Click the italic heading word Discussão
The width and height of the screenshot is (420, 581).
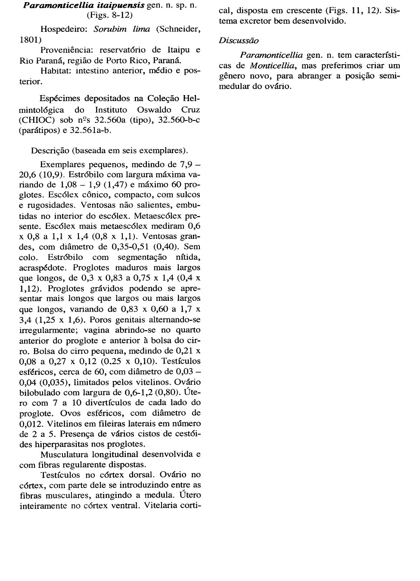click(239, 40)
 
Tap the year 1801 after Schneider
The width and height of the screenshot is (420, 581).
click(29, 40)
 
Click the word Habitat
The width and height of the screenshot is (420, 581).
click(56, 71)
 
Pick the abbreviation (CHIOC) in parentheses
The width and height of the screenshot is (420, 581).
click(36, 120)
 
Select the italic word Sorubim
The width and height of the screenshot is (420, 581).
click(109, 29)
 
